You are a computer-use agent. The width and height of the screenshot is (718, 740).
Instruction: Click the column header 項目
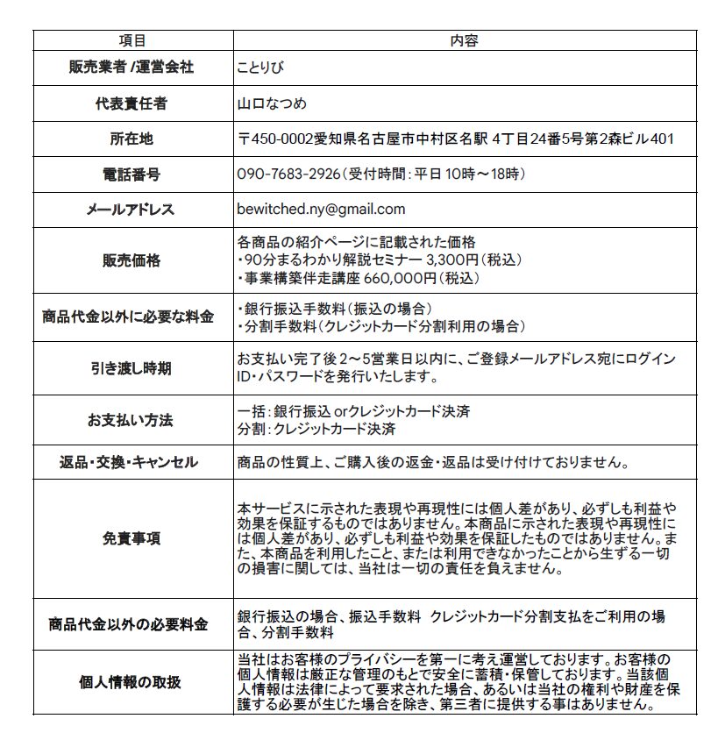coord(132,40)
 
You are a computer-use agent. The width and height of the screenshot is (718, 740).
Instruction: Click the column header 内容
coord(463,40)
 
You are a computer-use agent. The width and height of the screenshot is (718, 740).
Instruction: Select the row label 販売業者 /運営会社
coord(132,68)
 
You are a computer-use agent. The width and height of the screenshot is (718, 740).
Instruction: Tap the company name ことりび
coord(259,68)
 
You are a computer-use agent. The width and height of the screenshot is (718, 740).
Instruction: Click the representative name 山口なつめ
coord(272,103)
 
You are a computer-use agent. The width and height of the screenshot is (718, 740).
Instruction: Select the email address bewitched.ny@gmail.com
coord(321,209)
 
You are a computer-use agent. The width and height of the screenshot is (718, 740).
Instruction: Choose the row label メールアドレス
coord(132,210)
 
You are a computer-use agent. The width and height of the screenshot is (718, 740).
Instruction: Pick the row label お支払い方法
coord(132,421)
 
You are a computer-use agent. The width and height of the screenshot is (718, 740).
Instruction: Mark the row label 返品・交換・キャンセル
coord(132,462)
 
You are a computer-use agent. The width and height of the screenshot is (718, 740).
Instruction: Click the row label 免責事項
coord(132,538)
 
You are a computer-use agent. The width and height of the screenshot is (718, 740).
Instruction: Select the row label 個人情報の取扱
coord(132,682)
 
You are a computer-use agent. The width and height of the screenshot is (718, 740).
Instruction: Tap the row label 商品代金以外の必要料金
coord(132,624)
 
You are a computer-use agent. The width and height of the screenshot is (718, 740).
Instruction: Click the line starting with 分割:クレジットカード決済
coord(316,430)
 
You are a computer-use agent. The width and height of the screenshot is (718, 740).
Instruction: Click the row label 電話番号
coord(132,174)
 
